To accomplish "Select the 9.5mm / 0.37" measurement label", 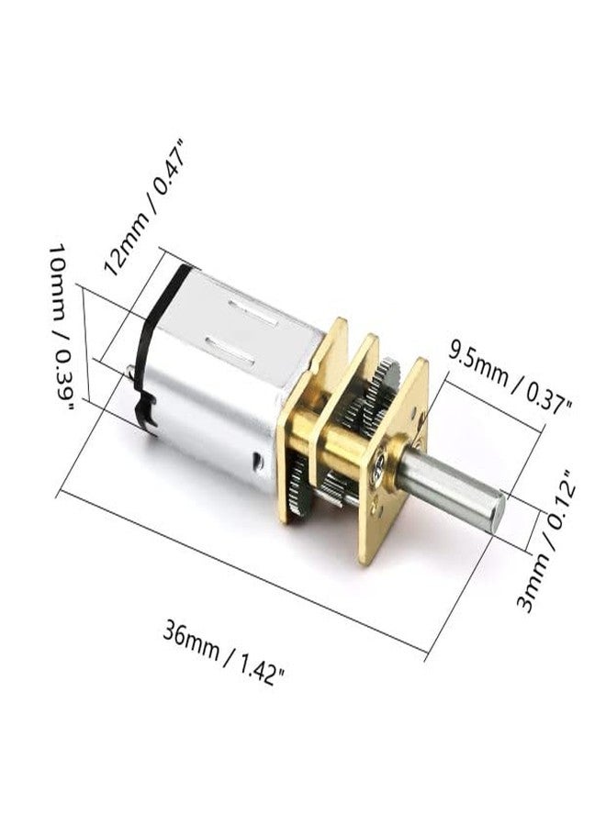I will (510, 376).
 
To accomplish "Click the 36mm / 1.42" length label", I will (224, 653).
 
